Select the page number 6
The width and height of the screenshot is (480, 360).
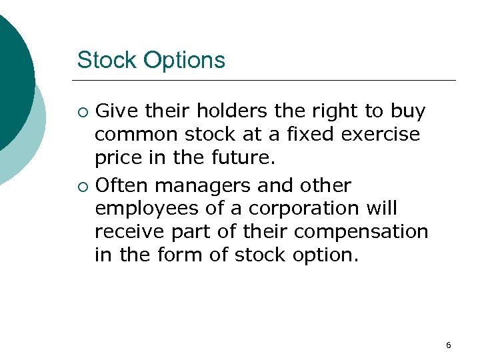coord(448,345)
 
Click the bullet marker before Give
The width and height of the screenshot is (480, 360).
coord(82,111)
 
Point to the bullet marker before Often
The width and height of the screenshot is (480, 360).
coord(82,185)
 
